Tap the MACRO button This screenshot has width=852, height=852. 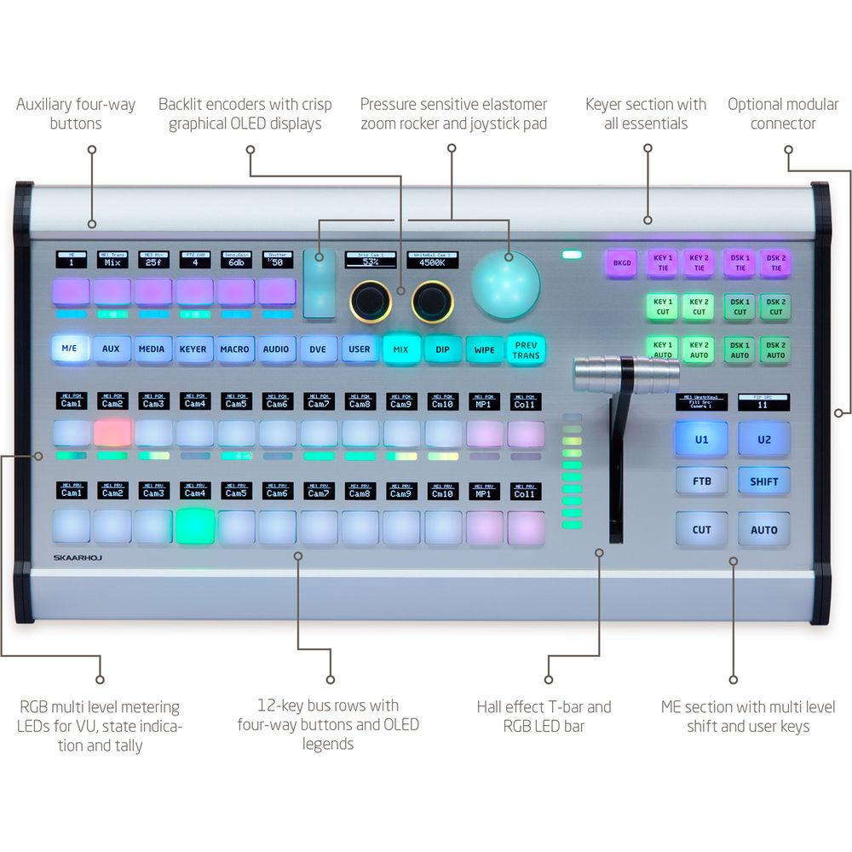234,349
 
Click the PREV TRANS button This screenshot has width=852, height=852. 527,349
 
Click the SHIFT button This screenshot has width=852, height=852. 763,481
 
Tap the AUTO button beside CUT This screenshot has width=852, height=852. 763,529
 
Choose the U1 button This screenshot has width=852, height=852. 701,439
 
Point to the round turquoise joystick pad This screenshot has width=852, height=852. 506,284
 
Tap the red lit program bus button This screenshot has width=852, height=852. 112,433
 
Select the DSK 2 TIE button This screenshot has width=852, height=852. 774,263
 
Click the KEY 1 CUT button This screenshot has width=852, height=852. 663,307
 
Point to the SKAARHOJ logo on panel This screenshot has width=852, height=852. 71,560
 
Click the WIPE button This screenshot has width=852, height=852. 484,349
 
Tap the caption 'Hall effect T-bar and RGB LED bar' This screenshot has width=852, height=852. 544,717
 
